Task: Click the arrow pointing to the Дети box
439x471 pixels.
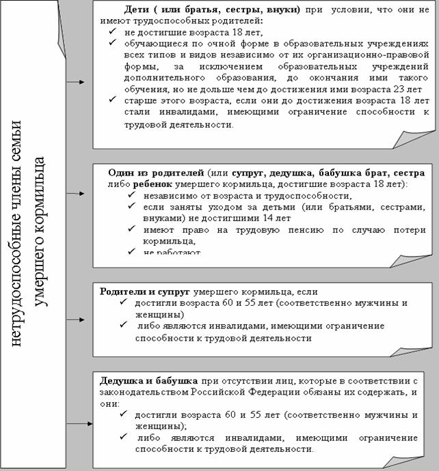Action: pyautogui.click(x=80, y=82)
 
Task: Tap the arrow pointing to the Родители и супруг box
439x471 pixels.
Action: pyautogui.click(x=80, y=318)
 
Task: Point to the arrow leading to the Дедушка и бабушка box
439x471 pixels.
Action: pyautogui.click(x=80, y=424)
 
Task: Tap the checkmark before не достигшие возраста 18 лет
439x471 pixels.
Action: pyautogui.click(x=112, y=32)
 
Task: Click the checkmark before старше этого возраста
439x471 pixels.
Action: pyautogui.click(x=112, y=100)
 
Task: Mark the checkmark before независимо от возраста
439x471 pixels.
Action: pyautogui.click(x=130, y=195)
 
